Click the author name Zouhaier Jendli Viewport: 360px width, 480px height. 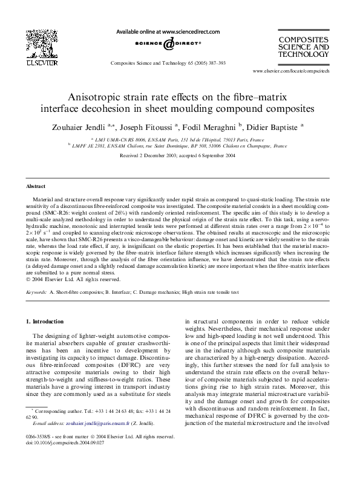83,128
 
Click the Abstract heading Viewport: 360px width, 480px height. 38,187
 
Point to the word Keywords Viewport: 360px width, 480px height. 38,293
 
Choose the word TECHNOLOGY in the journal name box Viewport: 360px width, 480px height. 303,54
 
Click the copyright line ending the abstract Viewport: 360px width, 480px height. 65,280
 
